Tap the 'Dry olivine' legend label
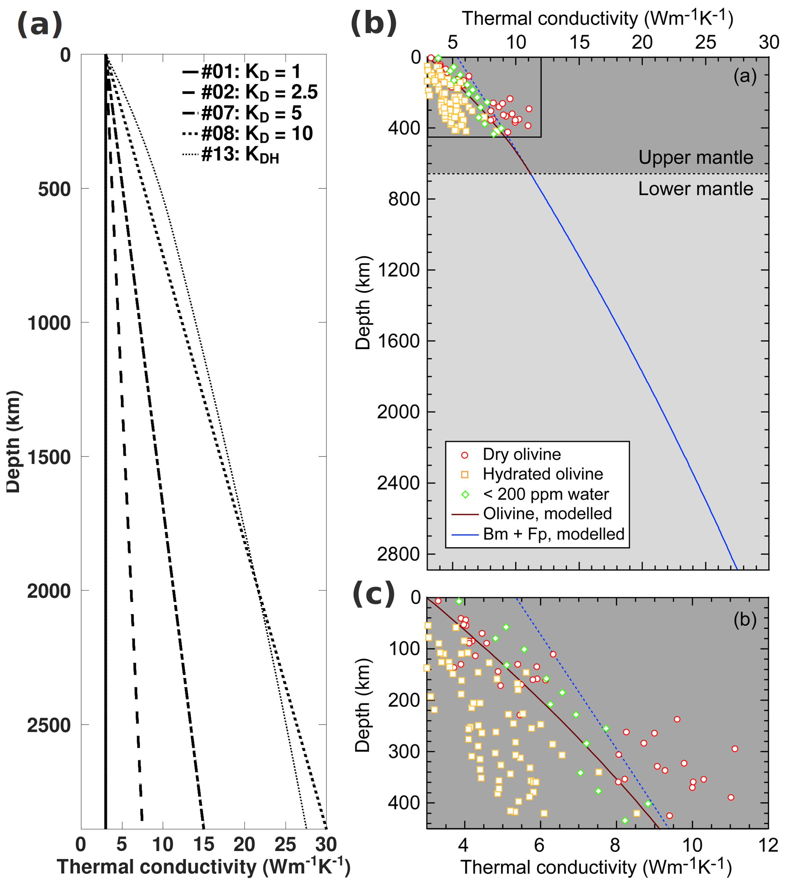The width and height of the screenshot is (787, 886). pyautogui.click(x=521, y=454)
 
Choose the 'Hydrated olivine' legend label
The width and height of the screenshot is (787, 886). pyautogui.click(x=543, y=474)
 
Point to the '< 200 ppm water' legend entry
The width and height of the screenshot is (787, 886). pyautogui.click(x=546, y=494)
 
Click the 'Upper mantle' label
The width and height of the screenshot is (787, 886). pyautogui.click(x=695, y=157)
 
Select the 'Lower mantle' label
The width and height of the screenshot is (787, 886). pyautogui.click(x=695, y=189)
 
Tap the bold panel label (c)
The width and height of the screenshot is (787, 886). pyautogui.click(x=374, y=594)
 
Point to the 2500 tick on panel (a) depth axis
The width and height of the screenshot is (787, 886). pyautogui.click(x=48, y=726)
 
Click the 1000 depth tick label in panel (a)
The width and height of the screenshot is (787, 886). pyautogui.click(x=48, y=323)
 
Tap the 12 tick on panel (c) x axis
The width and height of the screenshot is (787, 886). pyautogui.click(x=768, y=845)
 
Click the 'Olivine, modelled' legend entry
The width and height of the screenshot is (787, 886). pyautogui.click(x=547, y=514)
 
